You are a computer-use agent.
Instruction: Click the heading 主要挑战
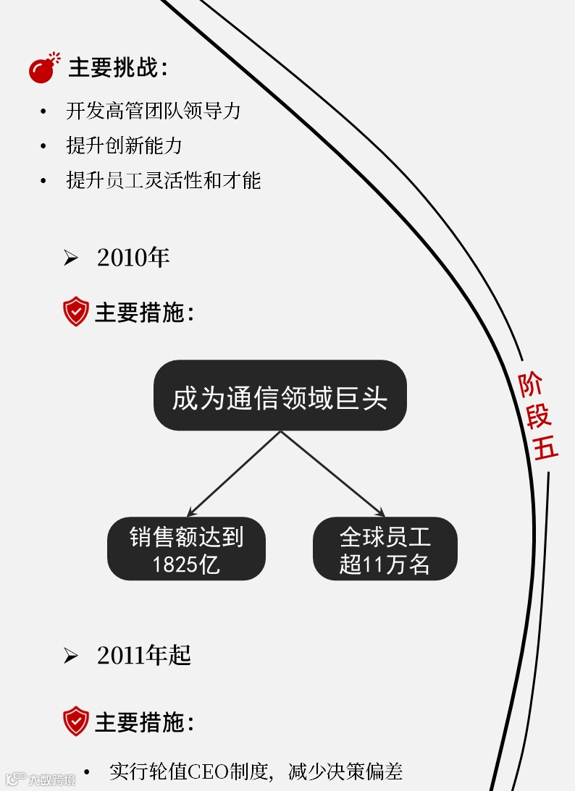118,68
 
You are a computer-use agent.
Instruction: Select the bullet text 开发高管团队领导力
153,111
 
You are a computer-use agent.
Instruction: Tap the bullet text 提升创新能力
124,145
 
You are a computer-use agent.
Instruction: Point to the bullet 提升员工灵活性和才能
163,180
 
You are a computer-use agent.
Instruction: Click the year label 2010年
133,258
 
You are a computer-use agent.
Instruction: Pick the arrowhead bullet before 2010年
70,258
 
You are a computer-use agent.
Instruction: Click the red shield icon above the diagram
75,312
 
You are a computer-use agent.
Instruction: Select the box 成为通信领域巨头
280,395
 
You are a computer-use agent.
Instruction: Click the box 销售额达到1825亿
186,549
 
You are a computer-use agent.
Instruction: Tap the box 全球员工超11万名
385,549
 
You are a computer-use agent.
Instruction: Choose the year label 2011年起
143,656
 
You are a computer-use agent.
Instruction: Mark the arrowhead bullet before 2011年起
70,656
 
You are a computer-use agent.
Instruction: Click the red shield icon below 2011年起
75,722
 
